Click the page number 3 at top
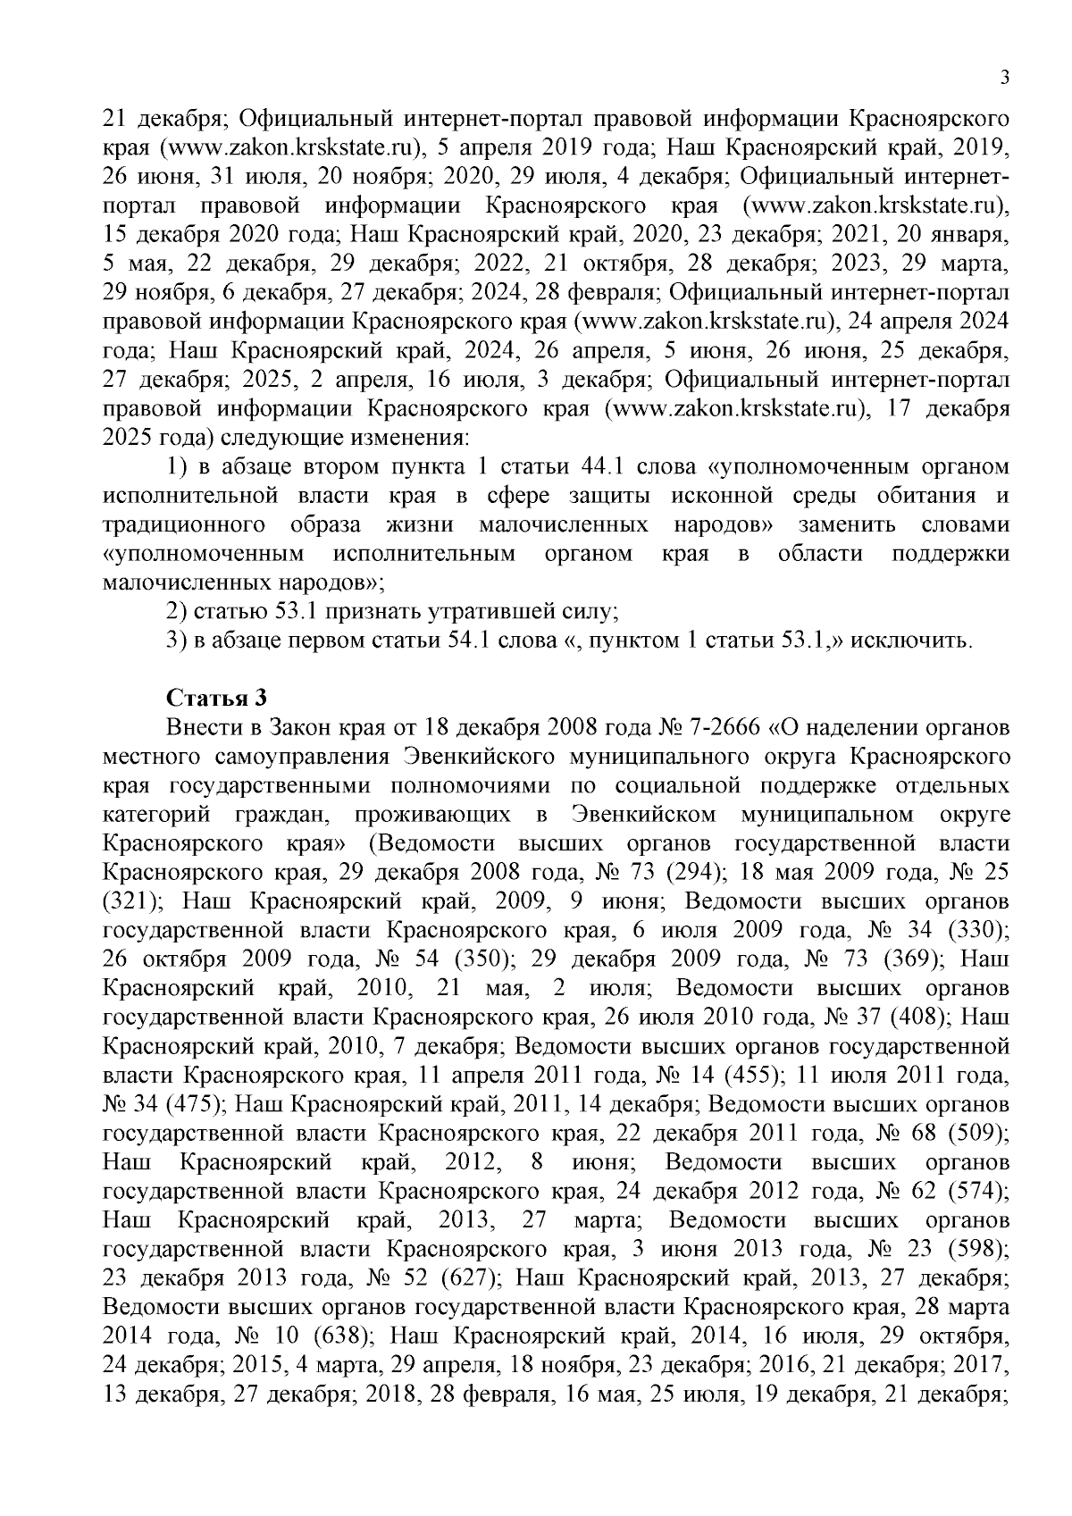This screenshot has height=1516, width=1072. pos(1004,79)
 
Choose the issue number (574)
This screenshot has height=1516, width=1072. pos(977,1192)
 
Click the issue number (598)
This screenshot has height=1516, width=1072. pos(977,1249)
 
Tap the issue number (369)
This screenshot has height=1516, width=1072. pos(906,959)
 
